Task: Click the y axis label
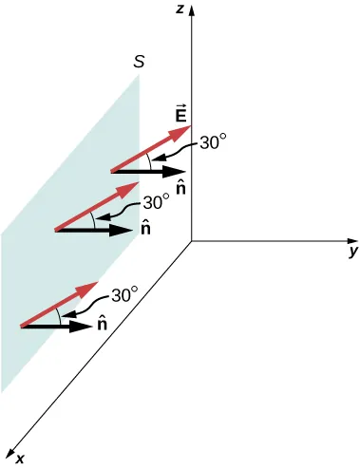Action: [352, 252]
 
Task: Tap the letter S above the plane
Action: [140, 64]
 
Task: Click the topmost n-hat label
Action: [180, 190]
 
